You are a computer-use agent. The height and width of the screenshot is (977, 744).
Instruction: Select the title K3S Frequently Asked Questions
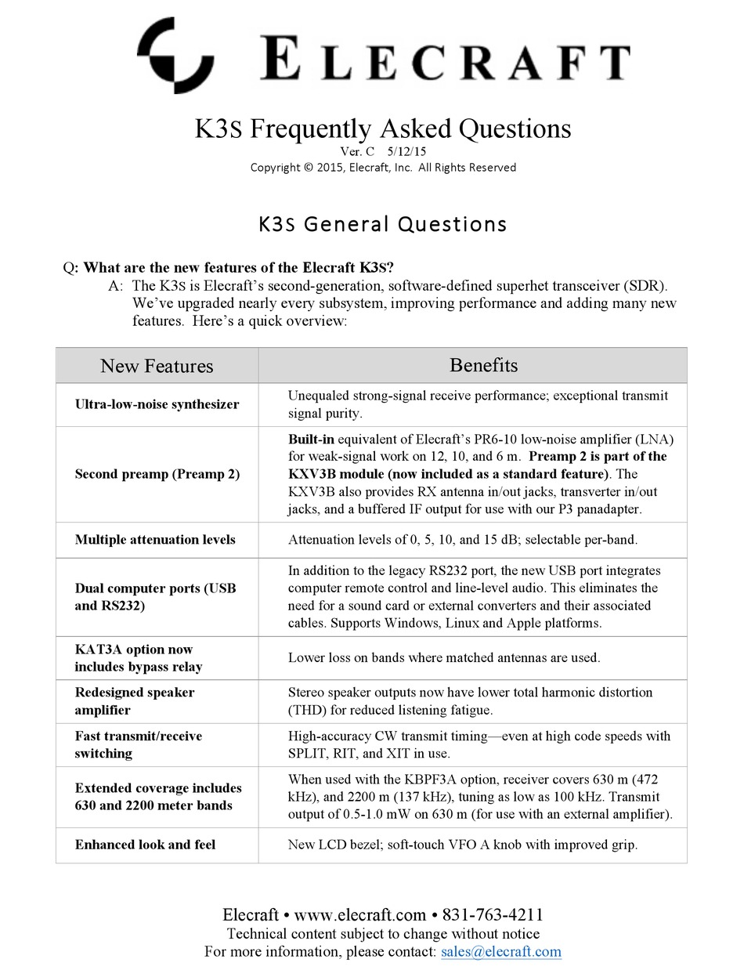click(x=382, y=128)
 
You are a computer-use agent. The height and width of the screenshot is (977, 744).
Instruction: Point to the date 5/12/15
click(x=406, y=151)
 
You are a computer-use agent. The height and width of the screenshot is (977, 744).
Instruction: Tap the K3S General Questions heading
click(x=382, y=224)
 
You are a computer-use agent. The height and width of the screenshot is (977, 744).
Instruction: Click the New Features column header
click(x=157, y=366)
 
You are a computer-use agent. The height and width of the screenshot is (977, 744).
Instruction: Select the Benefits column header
click(x=483, y=365)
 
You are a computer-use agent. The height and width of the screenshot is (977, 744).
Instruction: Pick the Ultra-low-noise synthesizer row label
click(x=157, y=404)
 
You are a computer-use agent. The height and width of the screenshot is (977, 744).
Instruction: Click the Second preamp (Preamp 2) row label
click(x=157, y=474)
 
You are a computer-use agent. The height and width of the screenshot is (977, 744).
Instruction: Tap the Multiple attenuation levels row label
click(x=155, y=540)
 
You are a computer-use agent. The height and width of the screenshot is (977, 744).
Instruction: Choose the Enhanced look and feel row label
click(x=145, y=844)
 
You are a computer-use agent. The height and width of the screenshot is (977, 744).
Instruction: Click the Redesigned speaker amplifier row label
click(x=135, y=701)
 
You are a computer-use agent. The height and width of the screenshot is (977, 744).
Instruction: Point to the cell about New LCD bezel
click(x=463, y=845)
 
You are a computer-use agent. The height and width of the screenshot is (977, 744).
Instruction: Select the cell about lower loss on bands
click(x=443, y=657)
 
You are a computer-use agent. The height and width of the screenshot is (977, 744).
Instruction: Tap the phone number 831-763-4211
click(x=493, y=914)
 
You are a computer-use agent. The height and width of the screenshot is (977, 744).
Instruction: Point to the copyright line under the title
click(x=382, y=167)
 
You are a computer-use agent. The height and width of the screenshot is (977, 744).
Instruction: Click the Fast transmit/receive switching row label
click(x=138, y=744)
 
